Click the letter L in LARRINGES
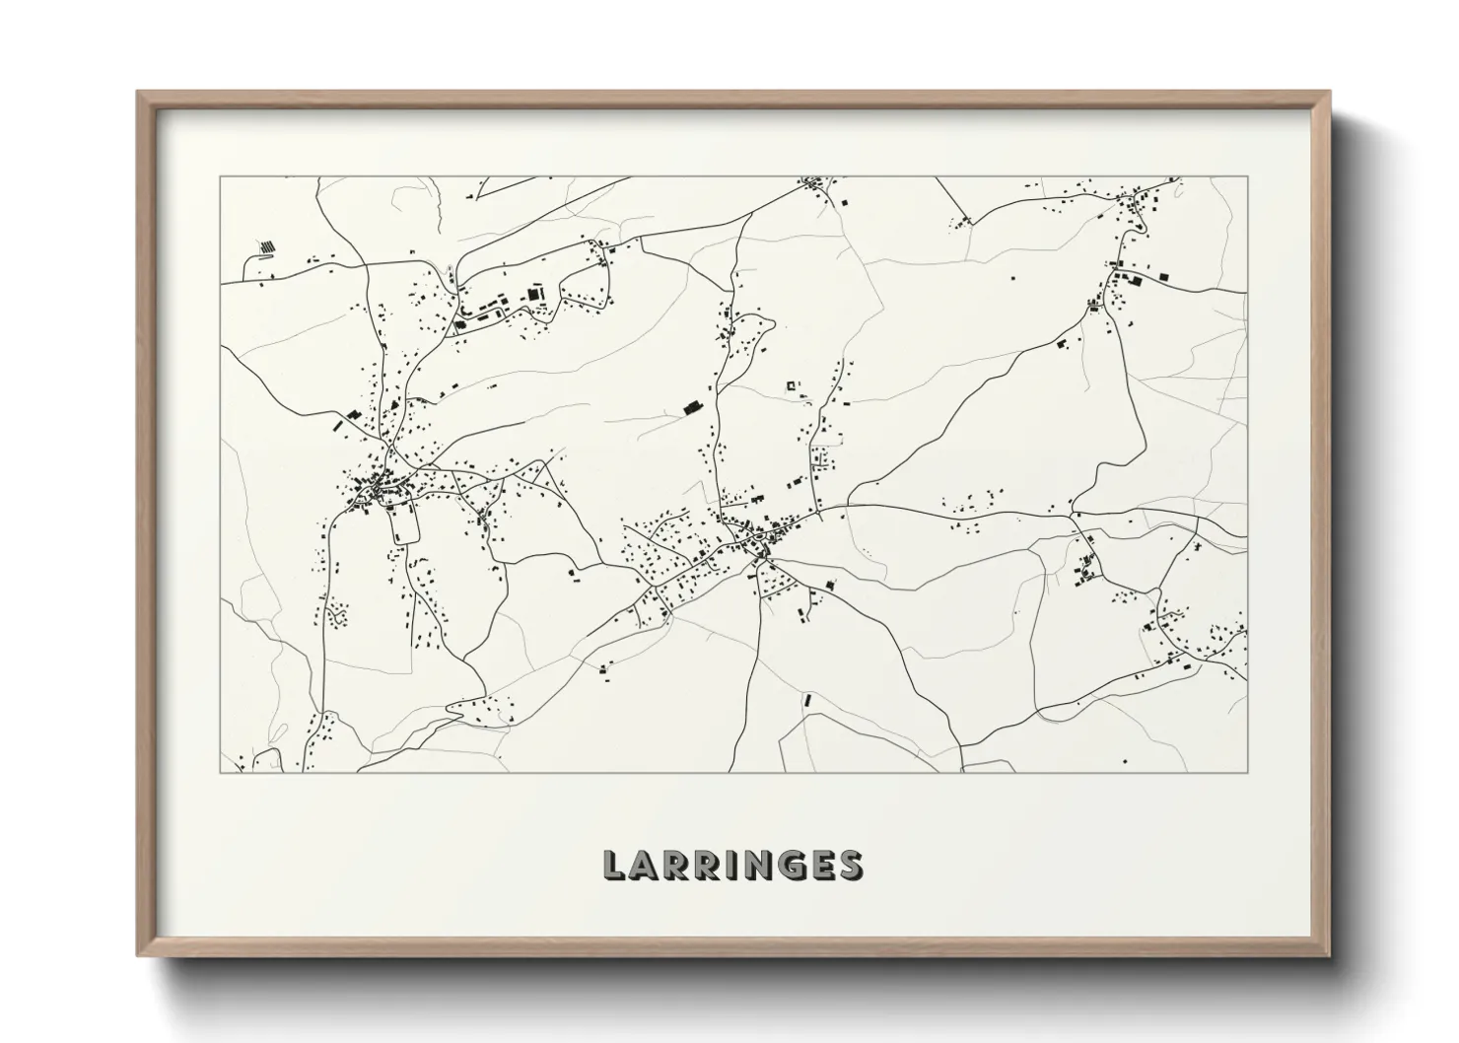pos(614,865)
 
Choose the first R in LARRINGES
pos(676,865)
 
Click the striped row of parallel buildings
pos(267,246)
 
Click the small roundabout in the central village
pos(762,559)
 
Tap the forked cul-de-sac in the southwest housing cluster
pos(339,618)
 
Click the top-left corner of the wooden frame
pos(138,93)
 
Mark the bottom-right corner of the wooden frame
pos(1330,955)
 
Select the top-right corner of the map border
pos(1247,177)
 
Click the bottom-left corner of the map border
pos(220,772)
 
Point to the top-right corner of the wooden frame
pos(1330,93)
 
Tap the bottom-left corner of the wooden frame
pos(138,955)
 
